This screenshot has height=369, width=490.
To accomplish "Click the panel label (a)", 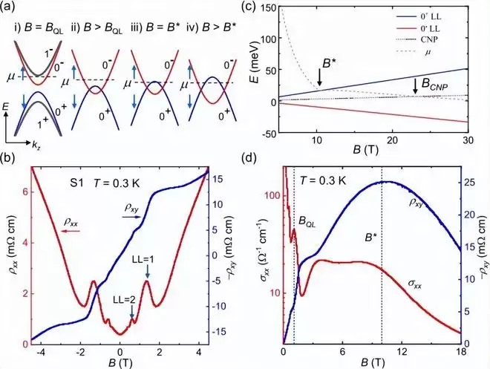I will [14, 8].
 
